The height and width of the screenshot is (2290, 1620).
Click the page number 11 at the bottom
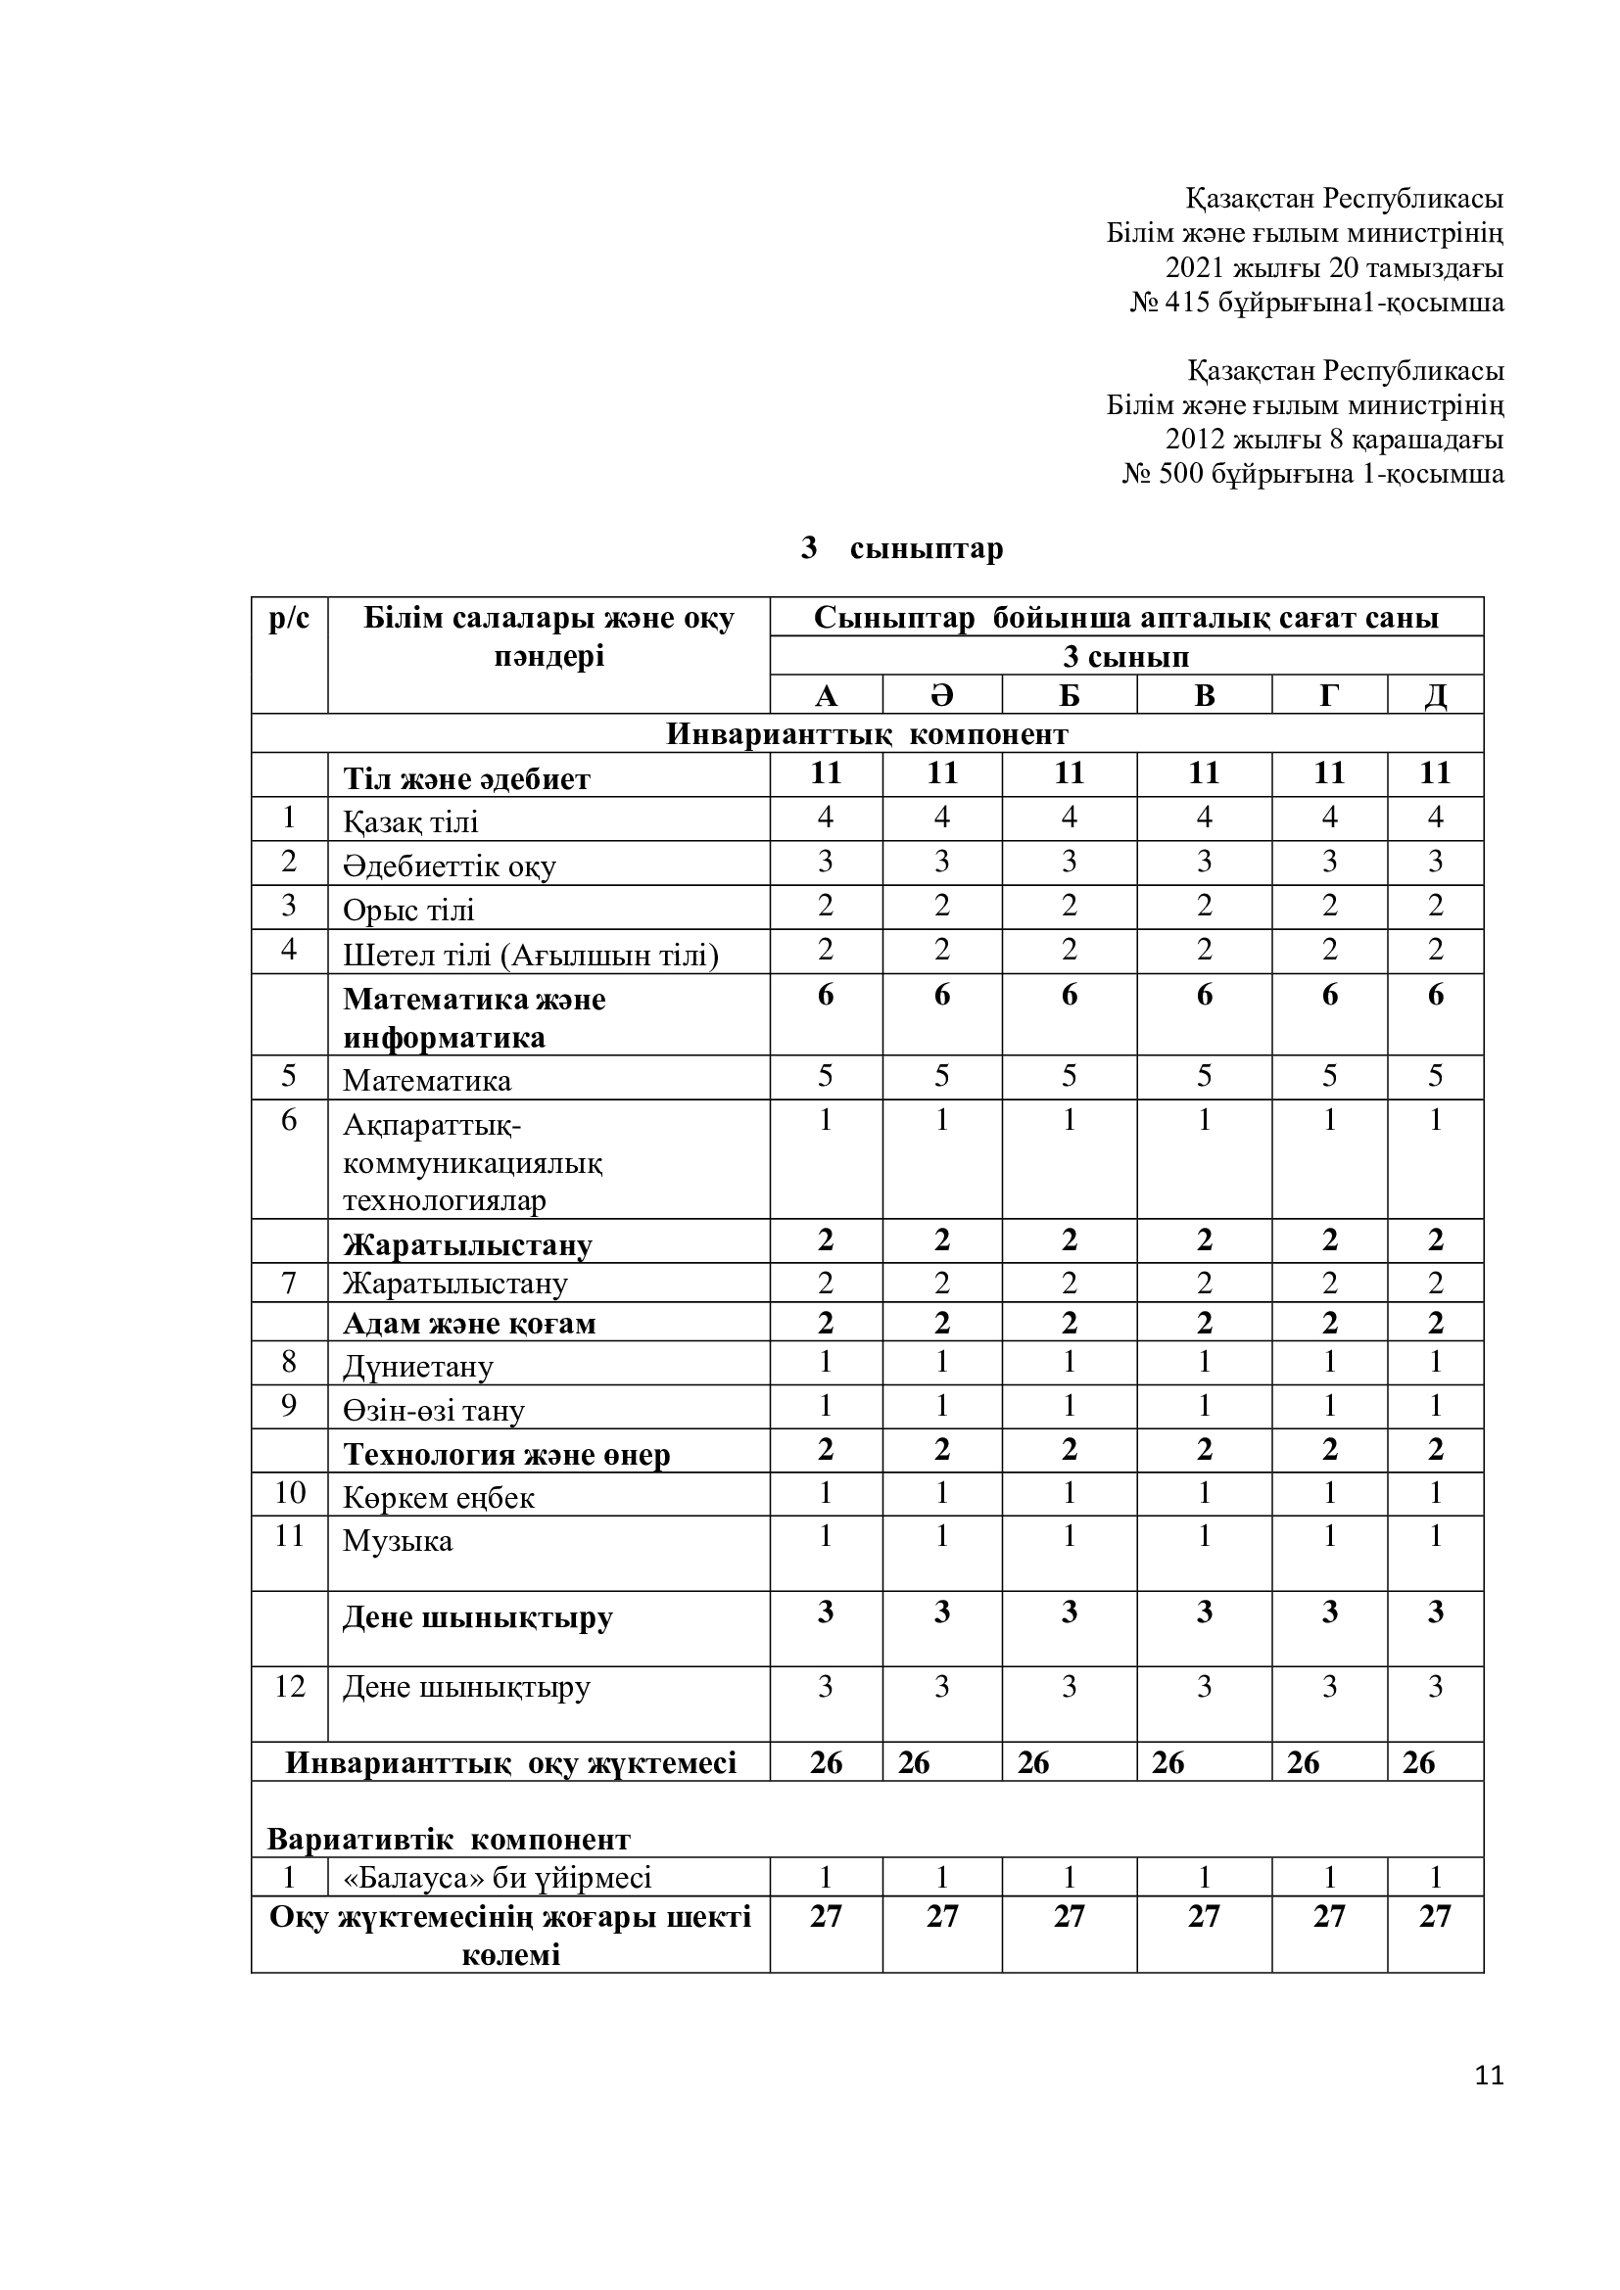[1489, 2076]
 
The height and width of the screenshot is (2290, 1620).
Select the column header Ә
[941, 695]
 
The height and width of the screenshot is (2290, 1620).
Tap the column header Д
[1435, 695]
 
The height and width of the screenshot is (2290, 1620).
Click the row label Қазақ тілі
[411, 821]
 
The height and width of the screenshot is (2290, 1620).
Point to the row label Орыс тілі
[409, 910]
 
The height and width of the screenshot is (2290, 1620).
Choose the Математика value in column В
[1204, 1077]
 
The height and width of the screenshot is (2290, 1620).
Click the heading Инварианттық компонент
[867, 734]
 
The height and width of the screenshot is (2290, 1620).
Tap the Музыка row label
[398, 1541]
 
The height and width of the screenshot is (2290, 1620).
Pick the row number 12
[289, 1687]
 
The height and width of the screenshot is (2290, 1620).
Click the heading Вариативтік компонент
[449, 1840]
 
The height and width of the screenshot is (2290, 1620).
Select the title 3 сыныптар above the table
[902, 548]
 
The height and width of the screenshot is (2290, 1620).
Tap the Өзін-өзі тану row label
[434, 1410]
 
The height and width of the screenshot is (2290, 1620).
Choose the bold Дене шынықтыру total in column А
[826, 1612]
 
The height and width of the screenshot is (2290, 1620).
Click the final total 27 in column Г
[1329, 1916]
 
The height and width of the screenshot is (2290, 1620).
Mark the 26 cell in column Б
[1033, 1763]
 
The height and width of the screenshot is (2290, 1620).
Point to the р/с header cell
[289, 619]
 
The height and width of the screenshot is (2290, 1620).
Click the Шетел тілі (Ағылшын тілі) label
[531, 956]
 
